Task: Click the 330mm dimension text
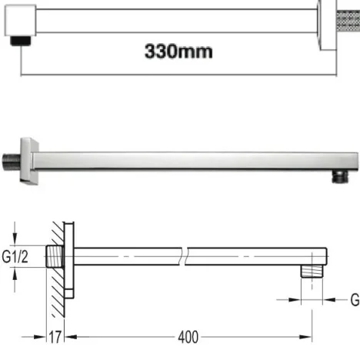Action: click(x=179, y=52)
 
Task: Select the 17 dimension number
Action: click(x=54, y=337)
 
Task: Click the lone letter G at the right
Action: click(x=354, y=298)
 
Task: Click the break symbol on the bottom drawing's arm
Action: click(x=183, y=256)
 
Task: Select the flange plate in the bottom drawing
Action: click(x=72, y=263)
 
